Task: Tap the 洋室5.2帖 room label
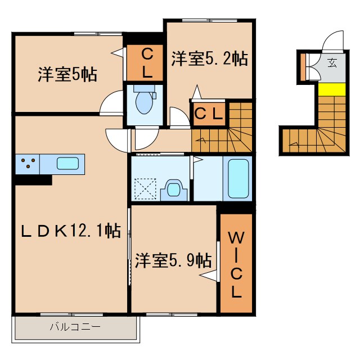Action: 209,58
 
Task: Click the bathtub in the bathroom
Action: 238,178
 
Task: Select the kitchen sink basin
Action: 67,164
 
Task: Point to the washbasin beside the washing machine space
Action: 174,189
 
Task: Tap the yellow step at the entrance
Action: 331,89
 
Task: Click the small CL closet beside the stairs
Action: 209,114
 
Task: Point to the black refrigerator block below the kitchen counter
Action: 33,180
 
